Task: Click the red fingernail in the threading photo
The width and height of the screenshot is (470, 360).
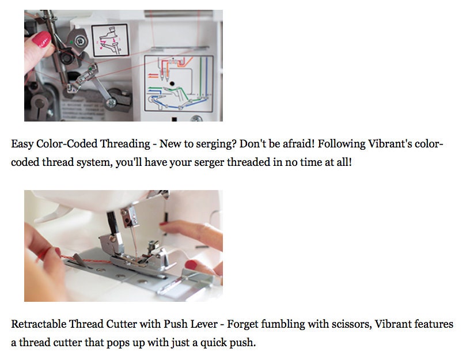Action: pyautogui.click(x=41, y=39)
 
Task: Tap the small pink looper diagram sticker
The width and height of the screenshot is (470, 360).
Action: pyautogui.click(x=110, y=40)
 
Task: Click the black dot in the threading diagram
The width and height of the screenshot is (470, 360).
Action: pyautogui.click(x=172, y=84)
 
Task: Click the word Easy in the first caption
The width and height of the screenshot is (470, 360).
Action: pyautogui.click(x=22, y=144)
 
